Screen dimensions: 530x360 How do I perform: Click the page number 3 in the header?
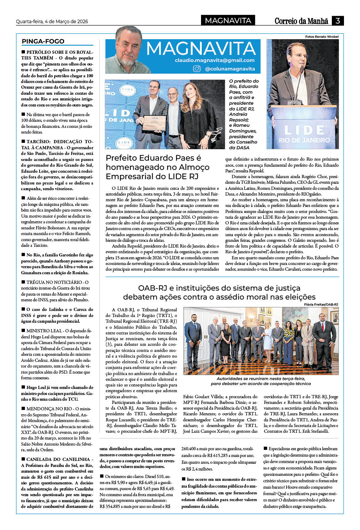[337, 21]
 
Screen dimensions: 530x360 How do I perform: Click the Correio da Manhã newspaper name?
[301, 21]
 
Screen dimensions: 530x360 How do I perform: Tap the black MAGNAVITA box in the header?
[228, 21]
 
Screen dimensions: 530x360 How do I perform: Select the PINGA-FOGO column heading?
[43, 41]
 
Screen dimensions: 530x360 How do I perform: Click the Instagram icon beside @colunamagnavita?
[197, 69]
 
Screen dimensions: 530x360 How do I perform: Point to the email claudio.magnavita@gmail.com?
[215, 60]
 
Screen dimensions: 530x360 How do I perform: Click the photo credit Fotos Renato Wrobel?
[322, 37]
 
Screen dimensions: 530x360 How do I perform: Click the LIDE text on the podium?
[304, 130]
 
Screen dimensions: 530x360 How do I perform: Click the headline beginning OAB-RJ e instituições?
[219, 292]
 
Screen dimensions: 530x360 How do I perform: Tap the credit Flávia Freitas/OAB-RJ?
[321, 305]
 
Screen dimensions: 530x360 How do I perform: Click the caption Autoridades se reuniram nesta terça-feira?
[261, 381]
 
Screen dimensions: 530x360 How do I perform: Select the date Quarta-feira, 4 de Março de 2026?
[52, 21]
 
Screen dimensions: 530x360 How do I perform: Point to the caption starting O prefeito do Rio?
[244, 114]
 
